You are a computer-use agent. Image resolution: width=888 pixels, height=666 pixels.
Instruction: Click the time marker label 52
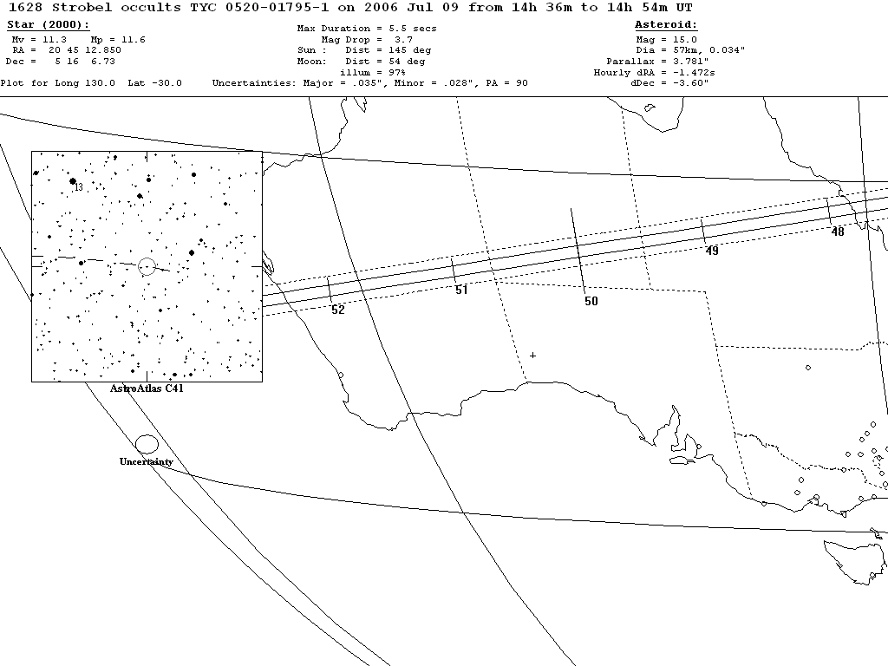click(x=338, y=310)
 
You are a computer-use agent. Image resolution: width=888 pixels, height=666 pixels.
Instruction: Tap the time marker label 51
click(x=461, y=290)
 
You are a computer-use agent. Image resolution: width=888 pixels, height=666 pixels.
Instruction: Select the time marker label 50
click(x=591, y=301)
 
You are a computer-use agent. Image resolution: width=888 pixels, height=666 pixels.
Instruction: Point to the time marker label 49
click(x=712, y=251)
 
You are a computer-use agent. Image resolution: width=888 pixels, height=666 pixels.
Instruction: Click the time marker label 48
click(x=837, y=232)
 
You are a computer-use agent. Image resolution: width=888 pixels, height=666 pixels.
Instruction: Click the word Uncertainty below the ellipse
click(x=146, y=461)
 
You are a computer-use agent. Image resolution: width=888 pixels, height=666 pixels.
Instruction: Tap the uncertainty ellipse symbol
click(x=147, y=444)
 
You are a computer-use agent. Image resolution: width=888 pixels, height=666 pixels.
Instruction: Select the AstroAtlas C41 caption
click(x=147, y=388)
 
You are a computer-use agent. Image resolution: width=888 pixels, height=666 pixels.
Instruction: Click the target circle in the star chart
click(x=147, y=266)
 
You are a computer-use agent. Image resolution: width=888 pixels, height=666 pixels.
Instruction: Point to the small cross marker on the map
click(x=532, y=355)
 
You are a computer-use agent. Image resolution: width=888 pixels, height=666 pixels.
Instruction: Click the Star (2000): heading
click(x=48, y=25)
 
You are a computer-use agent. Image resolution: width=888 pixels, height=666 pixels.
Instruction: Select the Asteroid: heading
click(x=666, y=25)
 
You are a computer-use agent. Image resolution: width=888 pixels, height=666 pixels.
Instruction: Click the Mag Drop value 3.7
click(x=403, y=40)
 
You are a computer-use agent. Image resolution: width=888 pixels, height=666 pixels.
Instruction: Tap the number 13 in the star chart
click(x=78, y=187)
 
